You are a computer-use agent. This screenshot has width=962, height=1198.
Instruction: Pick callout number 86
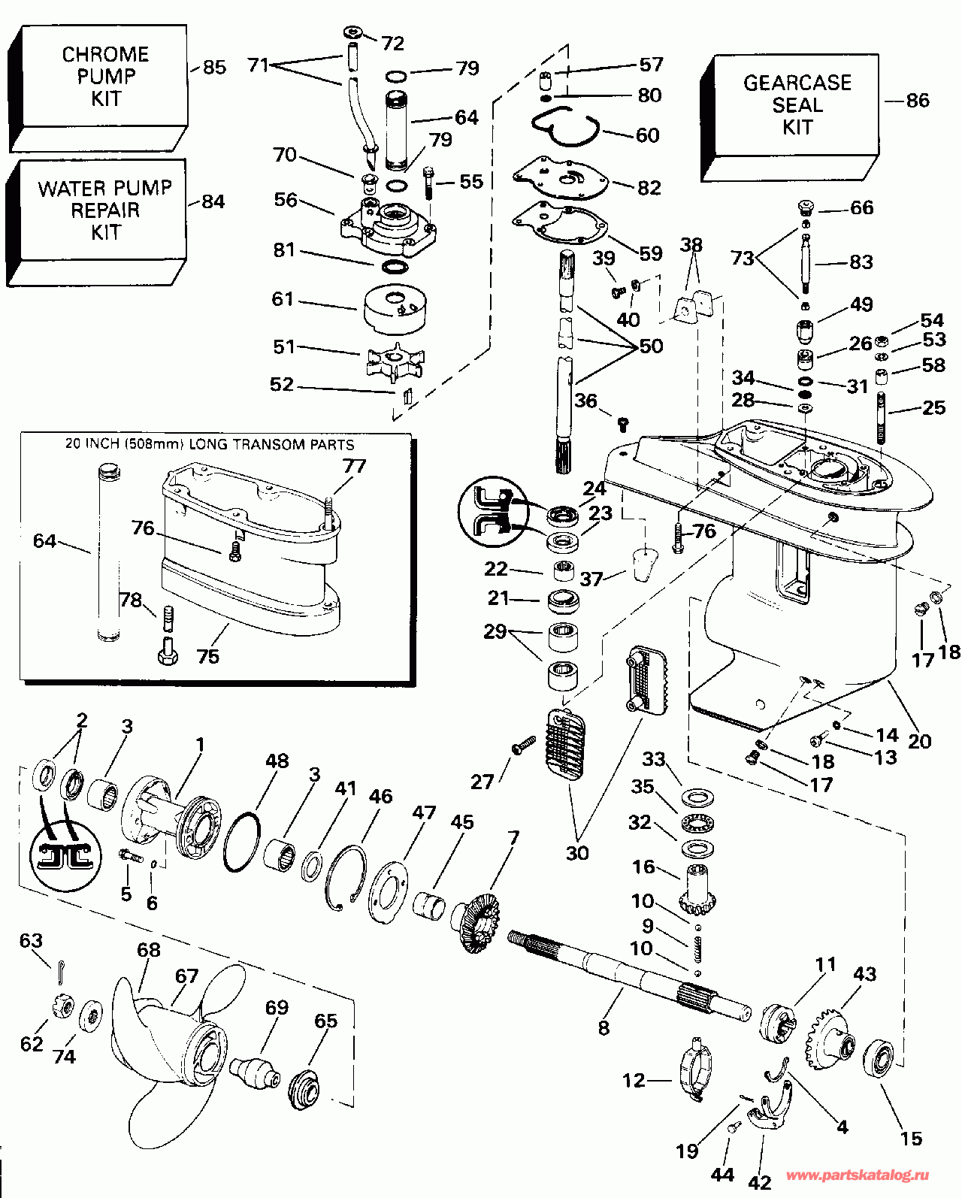coord(918,101)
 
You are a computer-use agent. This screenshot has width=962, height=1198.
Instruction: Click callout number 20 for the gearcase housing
coord(919,740)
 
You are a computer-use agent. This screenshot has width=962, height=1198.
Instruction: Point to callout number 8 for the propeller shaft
coord(604,1027)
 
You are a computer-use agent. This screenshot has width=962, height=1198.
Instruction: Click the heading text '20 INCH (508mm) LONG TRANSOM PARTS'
coord(210,444)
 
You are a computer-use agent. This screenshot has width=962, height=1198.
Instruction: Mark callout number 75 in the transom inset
coord(207,656)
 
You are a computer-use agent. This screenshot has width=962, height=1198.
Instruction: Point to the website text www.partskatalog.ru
coord(858,1175)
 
